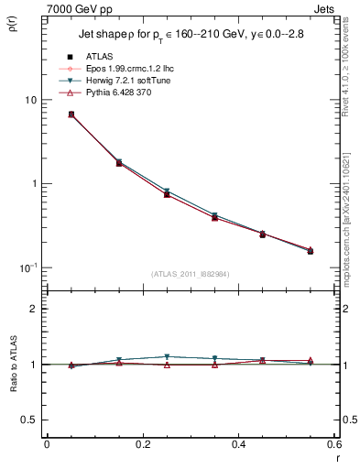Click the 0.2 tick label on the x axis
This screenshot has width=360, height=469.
[x=142, y=444]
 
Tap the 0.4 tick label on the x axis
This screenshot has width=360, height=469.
[x=238, y=444]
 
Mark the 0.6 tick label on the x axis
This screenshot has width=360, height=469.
[x=333, y=444]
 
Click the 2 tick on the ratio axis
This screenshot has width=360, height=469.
[x=35, y=309]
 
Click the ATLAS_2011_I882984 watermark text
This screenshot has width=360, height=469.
[x=191, y=274]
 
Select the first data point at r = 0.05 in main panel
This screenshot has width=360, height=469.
[x=71, y=115]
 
